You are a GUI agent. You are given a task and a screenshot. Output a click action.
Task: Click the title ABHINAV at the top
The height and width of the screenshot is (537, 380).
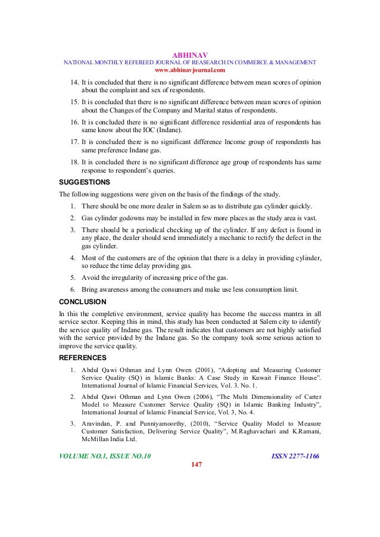click(x=190, y=52)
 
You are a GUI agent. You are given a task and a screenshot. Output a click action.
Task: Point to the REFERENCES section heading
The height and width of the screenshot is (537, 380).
click(x=83, y=358)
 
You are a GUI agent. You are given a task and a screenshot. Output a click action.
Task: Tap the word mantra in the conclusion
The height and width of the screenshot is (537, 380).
click(x=286, y=313)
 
